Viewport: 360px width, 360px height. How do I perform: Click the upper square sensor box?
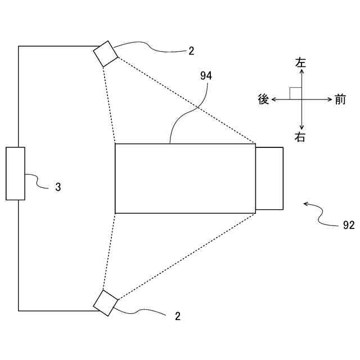[105, 54]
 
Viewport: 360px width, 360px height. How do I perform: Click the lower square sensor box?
[105, 303]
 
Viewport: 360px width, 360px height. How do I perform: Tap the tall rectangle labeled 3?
[16, 173]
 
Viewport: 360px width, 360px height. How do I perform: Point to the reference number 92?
[348, 225]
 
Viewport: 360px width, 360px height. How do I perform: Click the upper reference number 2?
[191, 51]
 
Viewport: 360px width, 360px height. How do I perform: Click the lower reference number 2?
[178, 316]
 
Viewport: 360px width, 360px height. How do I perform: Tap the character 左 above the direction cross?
[301, 63]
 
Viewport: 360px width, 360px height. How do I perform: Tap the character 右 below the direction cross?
[301, 137]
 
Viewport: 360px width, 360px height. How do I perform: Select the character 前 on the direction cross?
[340, 100]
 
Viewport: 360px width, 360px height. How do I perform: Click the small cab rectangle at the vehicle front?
[269, 178]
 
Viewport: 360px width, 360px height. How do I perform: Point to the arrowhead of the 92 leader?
[305, 204]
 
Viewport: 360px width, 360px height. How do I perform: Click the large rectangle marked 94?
[185, 178]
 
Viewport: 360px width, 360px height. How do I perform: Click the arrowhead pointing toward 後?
[274, 100]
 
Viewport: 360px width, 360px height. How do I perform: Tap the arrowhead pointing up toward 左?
[302, 73]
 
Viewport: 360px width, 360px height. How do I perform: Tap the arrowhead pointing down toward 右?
[302, 127]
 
